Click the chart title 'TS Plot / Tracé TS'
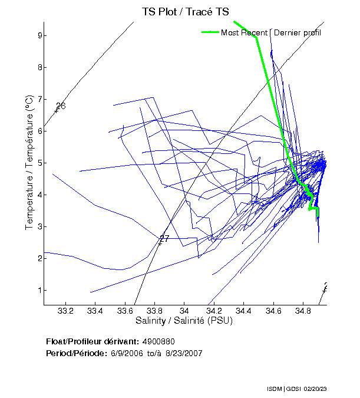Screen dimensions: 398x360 [185, 11]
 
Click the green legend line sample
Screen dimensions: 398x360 [210, 32]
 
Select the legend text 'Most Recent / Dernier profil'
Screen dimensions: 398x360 [271, 32]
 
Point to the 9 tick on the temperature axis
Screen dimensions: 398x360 [37, 35]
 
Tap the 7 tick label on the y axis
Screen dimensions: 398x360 [37, 99]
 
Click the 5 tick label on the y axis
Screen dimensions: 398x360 [37, 163]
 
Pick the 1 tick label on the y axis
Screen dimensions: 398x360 [37, 290]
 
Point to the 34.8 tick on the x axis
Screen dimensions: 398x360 [303, 311]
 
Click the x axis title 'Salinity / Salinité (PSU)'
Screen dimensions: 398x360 [184, 321]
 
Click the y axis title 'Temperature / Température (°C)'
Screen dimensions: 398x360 [29, 163]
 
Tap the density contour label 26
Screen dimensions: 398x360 [60, 106]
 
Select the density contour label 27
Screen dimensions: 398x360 [164, 239]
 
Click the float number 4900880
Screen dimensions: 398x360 [158, 342]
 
